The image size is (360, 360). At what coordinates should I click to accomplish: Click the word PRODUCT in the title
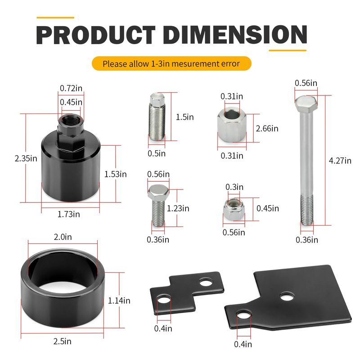click(x=95, y=35)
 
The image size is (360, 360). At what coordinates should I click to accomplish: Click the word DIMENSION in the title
click(x=235, y=35)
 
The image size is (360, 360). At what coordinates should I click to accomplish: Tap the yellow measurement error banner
click(x=171, y=63)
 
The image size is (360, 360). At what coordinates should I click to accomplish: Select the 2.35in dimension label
click(x=26, y=158)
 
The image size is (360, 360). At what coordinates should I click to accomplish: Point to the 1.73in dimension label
click(x=69, y=214)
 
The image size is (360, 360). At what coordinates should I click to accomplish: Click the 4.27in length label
click(x=340, y=161)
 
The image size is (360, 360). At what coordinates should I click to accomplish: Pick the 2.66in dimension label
click(x=267, y=128)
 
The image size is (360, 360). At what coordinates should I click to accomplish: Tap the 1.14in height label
click(x=119, y=301)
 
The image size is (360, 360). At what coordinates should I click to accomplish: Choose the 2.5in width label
click(x=63, y=342)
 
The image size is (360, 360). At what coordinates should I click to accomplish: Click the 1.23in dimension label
click(x=178, y=208)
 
